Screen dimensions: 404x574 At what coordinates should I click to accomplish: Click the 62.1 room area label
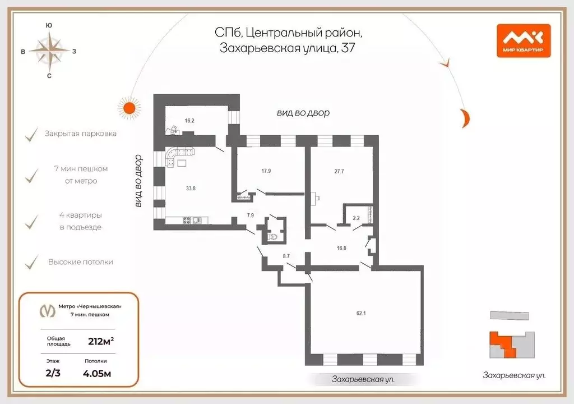[360, 313]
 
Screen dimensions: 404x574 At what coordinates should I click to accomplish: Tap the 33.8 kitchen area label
[191, 189]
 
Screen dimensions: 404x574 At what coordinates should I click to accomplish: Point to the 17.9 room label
[266, 171]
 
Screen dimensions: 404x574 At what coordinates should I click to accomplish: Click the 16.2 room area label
[189, 121]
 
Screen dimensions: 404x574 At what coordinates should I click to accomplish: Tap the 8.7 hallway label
[286, 256]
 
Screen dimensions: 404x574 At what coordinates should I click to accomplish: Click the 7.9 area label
[251, 215]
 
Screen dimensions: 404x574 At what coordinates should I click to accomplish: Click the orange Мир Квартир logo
[524, 40]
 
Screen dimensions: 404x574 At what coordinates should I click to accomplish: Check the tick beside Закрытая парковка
[30, 135]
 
